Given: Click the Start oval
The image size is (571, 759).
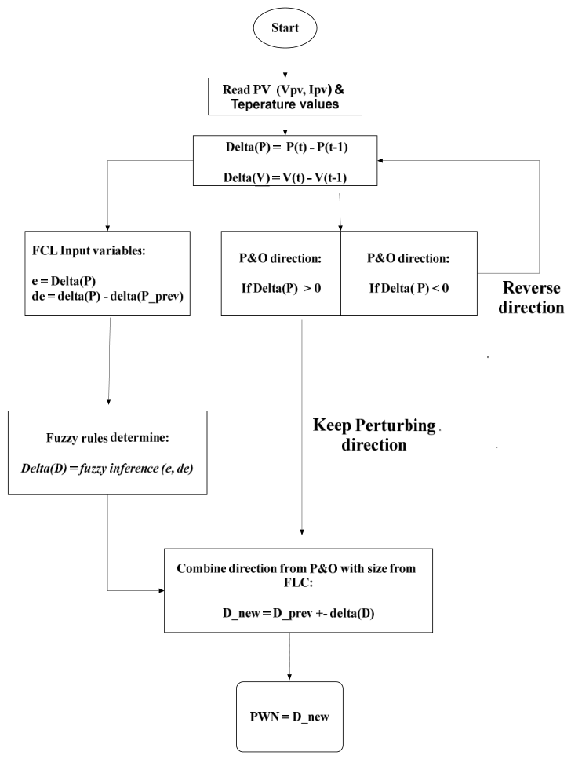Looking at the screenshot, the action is point(285,27).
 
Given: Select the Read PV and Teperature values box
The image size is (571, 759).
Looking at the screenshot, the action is point(285,97).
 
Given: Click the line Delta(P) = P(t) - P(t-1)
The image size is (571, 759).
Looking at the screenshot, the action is point(286,147).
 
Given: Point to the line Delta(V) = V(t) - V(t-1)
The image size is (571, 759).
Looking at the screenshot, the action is point(285,177).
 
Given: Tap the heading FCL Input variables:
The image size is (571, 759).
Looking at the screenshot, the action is point(89,250).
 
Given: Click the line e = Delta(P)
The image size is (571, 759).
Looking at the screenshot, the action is point(64,281).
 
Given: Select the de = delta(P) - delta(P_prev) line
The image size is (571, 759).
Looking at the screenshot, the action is point(107,296).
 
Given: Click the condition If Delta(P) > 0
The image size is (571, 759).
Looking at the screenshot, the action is point(281,289).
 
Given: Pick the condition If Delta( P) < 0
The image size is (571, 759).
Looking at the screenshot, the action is point(409,289).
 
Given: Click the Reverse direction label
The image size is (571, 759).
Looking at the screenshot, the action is point(531,297).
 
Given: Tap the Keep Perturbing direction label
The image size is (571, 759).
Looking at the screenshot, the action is point(374,435).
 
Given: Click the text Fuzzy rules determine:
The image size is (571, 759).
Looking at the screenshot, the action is point(107,438).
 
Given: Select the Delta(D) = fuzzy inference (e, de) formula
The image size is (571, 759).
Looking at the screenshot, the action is point(107,468).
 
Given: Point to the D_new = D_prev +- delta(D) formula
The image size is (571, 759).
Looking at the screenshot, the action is point(299,613).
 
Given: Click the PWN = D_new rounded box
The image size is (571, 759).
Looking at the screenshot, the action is point(289,717).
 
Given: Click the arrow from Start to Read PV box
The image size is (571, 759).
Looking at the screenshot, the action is point(285,63).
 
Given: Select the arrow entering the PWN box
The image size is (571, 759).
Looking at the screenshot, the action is point(289,656).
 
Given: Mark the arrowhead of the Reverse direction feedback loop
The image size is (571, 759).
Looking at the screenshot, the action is point(380,160).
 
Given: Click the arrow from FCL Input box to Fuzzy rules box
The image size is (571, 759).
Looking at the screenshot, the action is point(109,360).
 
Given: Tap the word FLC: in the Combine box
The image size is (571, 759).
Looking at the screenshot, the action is point(298,583).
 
